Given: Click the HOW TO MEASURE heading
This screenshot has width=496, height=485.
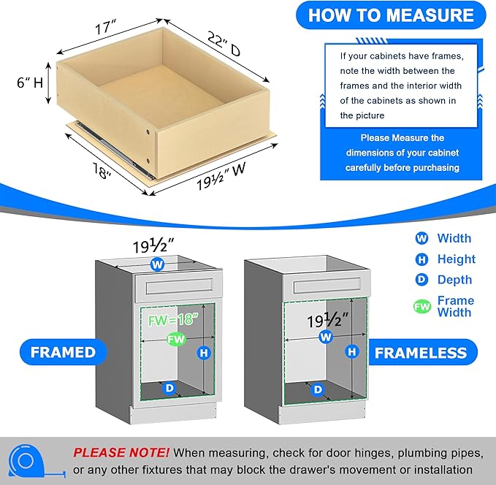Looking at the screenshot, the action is (391, 15).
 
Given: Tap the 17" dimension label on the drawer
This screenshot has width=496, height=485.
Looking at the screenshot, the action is (106, 28).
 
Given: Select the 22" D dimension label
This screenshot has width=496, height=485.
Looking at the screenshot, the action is (224, 44).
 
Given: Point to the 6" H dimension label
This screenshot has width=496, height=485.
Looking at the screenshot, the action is (30, 83).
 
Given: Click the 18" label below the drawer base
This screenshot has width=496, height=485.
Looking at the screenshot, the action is (102, 170).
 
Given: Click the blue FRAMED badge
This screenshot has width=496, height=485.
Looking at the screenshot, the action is (64, 352).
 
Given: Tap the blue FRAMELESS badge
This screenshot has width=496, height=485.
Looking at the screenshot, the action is (421, 353).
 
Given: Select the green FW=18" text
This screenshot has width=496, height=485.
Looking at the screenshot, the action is (173, 319).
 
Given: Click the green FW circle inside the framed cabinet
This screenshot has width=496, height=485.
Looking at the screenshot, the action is (176, 340).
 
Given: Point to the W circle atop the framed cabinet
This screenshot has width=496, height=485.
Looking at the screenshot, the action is (157, 264).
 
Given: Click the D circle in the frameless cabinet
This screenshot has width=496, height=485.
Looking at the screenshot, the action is (318, 389).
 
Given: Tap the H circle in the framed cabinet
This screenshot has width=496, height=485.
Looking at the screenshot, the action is (204, 353).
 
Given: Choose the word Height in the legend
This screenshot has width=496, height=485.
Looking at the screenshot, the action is (456, 259).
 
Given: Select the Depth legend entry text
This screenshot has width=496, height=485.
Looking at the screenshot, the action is (454, 280).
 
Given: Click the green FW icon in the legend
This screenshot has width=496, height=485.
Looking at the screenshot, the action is (422, 306).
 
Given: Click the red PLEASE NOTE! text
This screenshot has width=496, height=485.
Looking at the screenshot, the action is (121, 452).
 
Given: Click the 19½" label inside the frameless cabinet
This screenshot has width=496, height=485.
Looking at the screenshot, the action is (327, 321).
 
